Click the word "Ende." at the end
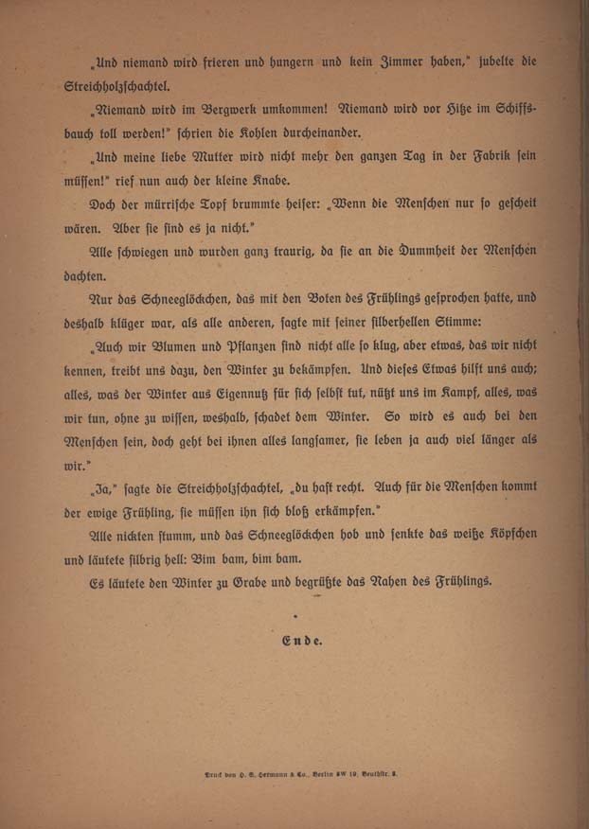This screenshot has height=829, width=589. tap(303, 641)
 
